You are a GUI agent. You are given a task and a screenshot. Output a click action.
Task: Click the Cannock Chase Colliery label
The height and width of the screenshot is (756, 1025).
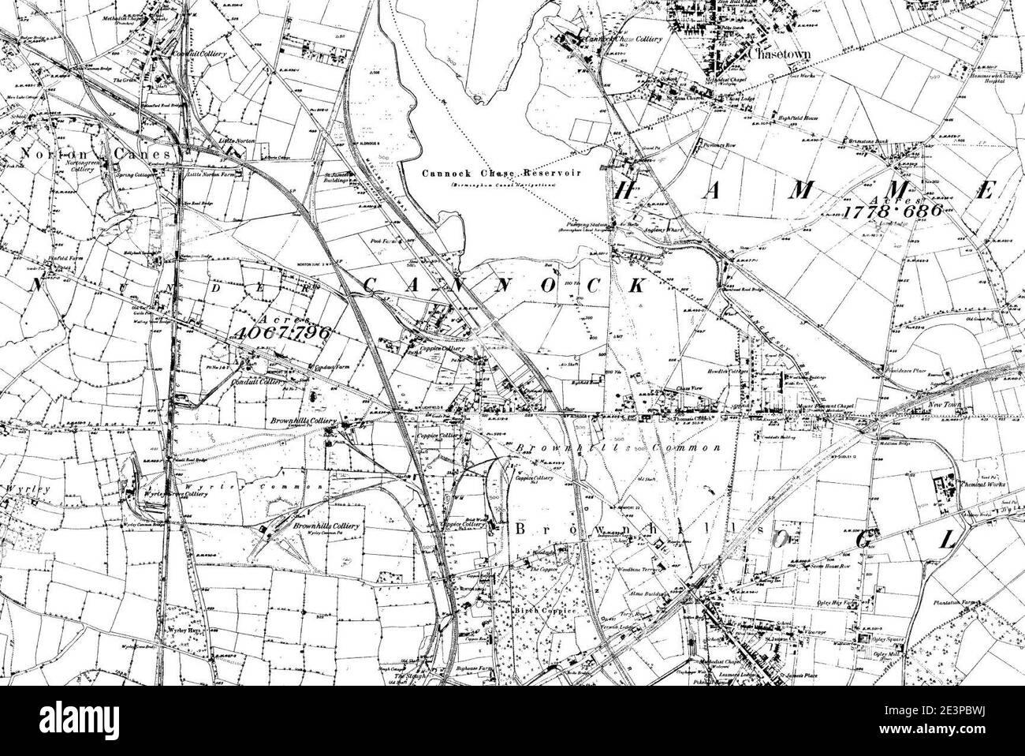(x=623, y=38)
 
